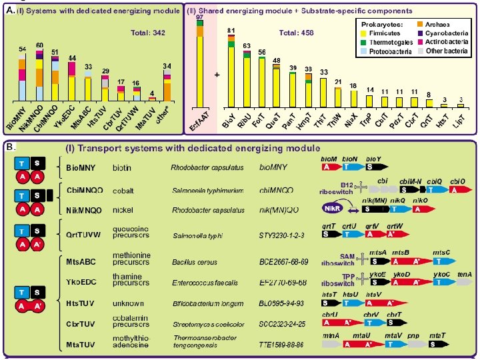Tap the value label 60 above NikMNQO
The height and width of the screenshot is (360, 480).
point(39,45)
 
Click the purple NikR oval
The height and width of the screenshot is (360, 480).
point(331,209)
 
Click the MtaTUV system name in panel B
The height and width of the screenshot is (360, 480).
point(83,343)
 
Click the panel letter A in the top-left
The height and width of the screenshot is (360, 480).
point(8,9)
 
